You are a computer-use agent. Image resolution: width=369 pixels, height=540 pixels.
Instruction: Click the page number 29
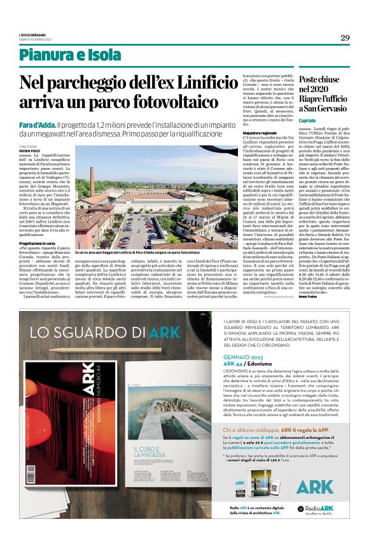point(345,38)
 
